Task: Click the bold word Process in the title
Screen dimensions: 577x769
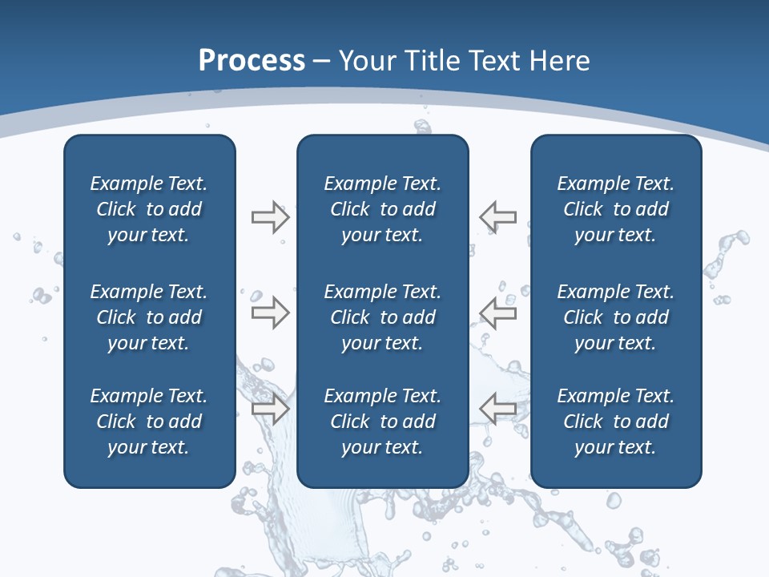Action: [252, 61]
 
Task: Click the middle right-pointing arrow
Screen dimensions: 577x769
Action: [270, 313]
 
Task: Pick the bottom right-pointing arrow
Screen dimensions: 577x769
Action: [270, 409]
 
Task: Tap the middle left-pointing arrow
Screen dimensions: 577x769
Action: [497, 313]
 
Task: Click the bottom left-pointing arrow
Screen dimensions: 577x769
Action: [497, 409]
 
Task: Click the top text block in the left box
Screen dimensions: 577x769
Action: [149, 209]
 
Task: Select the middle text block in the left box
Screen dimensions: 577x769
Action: [149, 317]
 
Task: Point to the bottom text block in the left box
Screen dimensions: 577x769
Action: [149, 422]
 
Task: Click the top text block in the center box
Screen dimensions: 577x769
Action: [383, 209]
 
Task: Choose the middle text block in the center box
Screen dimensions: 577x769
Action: [383, 317]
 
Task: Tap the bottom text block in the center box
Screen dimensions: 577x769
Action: [383, 422]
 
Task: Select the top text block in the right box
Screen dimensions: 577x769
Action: [616, 209]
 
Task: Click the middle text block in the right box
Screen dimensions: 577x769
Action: [616, 317]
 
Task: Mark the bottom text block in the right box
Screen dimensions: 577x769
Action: [616, 422]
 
